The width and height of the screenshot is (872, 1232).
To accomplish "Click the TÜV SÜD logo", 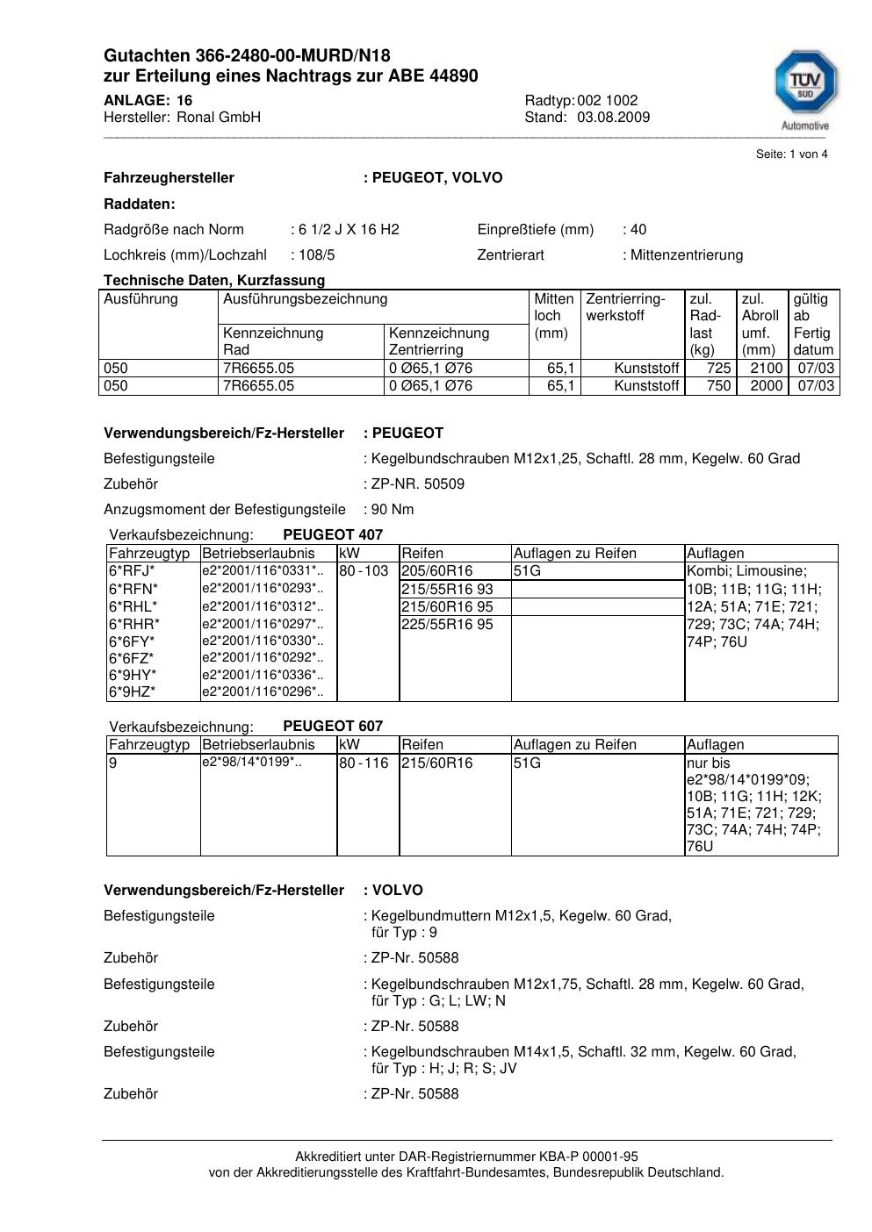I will (x=804, y=86).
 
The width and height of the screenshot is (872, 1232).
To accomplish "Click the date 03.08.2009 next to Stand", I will (x=613, y=118).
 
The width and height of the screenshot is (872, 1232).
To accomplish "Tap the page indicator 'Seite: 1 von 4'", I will (x=791, y=154).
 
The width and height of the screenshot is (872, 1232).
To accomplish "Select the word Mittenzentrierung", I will (x=686, y=255).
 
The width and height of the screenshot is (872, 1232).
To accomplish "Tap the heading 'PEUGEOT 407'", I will (x=333, y=534).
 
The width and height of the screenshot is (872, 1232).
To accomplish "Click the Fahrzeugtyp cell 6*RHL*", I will (x=133, y=606).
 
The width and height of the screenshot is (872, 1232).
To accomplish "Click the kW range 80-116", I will (x=364, y=763).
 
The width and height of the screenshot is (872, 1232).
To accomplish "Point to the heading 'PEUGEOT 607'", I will (x=333, y=726).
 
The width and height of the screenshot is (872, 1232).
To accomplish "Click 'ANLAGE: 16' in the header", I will (x=148, y=101).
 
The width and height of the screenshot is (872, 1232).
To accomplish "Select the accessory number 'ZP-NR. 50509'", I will (x=418, y=484).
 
